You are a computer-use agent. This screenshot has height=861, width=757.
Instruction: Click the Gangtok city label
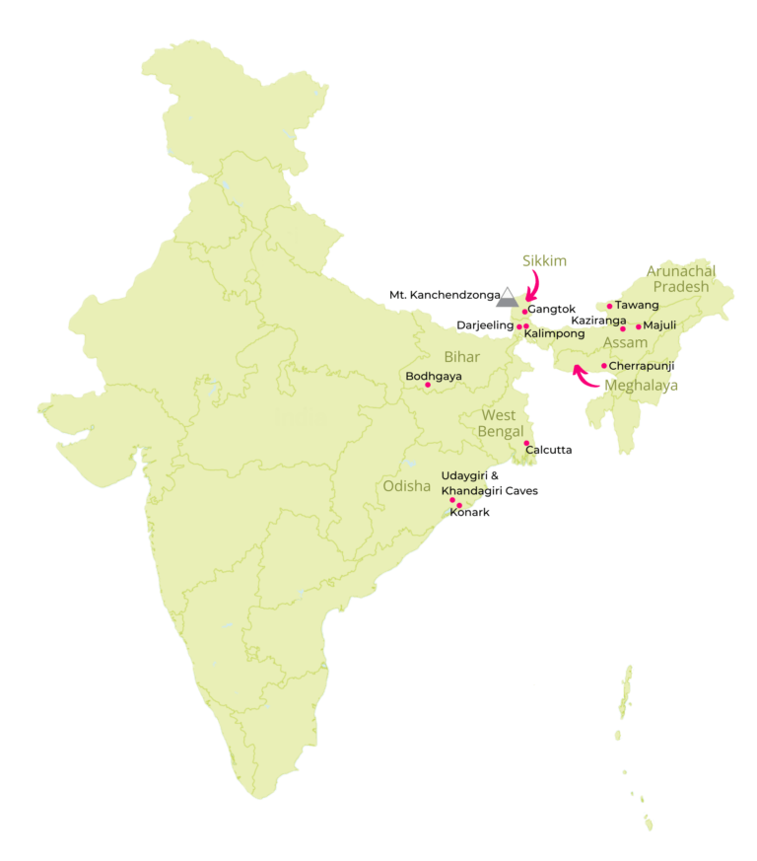(x=552, y=310)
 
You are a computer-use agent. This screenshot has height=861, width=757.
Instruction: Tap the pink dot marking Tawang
(x=610, y=306)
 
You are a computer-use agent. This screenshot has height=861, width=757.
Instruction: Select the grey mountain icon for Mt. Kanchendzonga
(x=507, y=297)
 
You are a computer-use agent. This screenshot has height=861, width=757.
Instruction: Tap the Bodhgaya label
(x=434, y=376)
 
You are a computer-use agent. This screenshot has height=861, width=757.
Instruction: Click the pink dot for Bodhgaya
(x=428, y=385)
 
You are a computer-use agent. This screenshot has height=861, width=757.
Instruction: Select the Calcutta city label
(x=549, y=450)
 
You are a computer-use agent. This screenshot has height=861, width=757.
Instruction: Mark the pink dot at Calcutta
(x=526, y=443)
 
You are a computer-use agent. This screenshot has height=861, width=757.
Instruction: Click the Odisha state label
(x=407, y=484)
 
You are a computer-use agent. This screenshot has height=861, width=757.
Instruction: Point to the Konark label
(x=469, y=513)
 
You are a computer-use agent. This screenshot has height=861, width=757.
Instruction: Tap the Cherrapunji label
(x=642, y=366)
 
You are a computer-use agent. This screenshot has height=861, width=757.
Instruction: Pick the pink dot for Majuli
(x=639, y=326)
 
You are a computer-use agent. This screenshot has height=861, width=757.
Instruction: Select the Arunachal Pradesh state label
(x=680, y=278)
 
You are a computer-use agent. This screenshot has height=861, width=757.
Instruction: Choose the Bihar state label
(x=461, y=356)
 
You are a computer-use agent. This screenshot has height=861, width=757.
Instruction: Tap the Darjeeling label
(x=485, y=324)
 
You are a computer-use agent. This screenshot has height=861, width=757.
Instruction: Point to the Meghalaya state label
(x=642, y=386)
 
